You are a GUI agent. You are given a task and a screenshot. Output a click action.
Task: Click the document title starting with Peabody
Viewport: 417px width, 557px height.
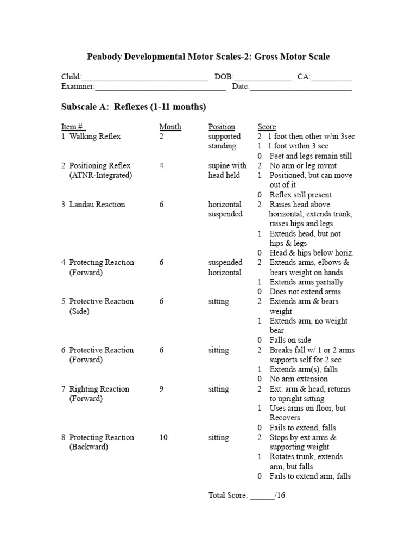pos(208,57)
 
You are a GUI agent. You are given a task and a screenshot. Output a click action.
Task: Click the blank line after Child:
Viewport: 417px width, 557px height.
pos(145,78)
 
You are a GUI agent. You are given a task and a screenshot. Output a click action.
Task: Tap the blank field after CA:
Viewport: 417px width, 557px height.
pos(332,78)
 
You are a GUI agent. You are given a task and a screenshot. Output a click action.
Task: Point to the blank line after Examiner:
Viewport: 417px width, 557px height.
pos(161,87)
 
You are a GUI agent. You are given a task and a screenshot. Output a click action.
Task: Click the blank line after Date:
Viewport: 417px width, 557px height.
pos(301,87)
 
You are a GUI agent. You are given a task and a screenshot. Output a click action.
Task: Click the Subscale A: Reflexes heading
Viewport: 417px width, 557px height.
pos(134,107)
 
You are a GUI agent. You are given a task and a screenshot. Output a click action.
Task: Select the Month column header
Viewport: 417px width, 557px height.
pos(170,127)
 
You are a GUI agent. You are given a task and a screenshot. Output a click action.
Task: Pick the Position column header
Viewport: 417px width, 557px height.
pos(222,127)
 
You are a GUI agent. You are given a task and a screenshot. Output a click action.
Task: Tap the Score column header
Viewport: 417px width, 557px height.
pos(267,127)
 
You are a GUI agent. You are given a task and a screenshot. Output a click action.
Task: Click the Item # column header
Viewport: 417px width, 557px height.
pos(73,127)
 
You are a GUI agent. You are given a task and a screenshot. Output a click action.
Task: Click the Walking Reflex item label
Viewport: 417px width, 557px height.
pos(94,137)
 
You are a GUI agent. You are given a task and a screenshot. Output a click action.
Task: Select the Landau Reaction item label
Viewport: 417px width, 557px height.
pos(97,205)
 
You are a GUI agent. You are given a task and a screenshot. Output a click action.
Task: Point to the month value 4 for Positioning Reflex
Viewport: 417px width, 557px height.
pos(161,165)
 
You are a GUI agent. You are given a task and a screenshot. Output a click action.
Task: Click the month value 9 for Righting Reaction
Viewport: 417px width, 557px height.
pos(161,389)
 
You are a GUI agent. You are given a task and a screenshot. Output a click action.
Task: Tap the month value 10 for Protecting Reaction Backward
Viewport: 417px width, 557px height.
pos(163,437)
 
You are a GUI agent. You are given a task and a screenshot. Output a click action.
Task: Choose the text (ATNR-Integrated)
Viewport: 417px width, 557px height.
pos(100,175)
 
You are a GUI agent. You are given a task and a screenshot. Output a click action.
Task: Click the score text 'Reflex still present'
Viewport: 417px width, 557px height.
pos(300,195)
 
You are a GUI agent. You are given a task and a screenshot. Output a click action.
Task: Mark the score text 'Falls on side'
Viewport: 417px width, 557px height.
pos(290,340)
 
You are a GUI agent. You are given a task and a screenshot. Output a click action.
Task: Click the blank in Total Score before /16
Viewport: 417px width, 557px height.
pos(262,496)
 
